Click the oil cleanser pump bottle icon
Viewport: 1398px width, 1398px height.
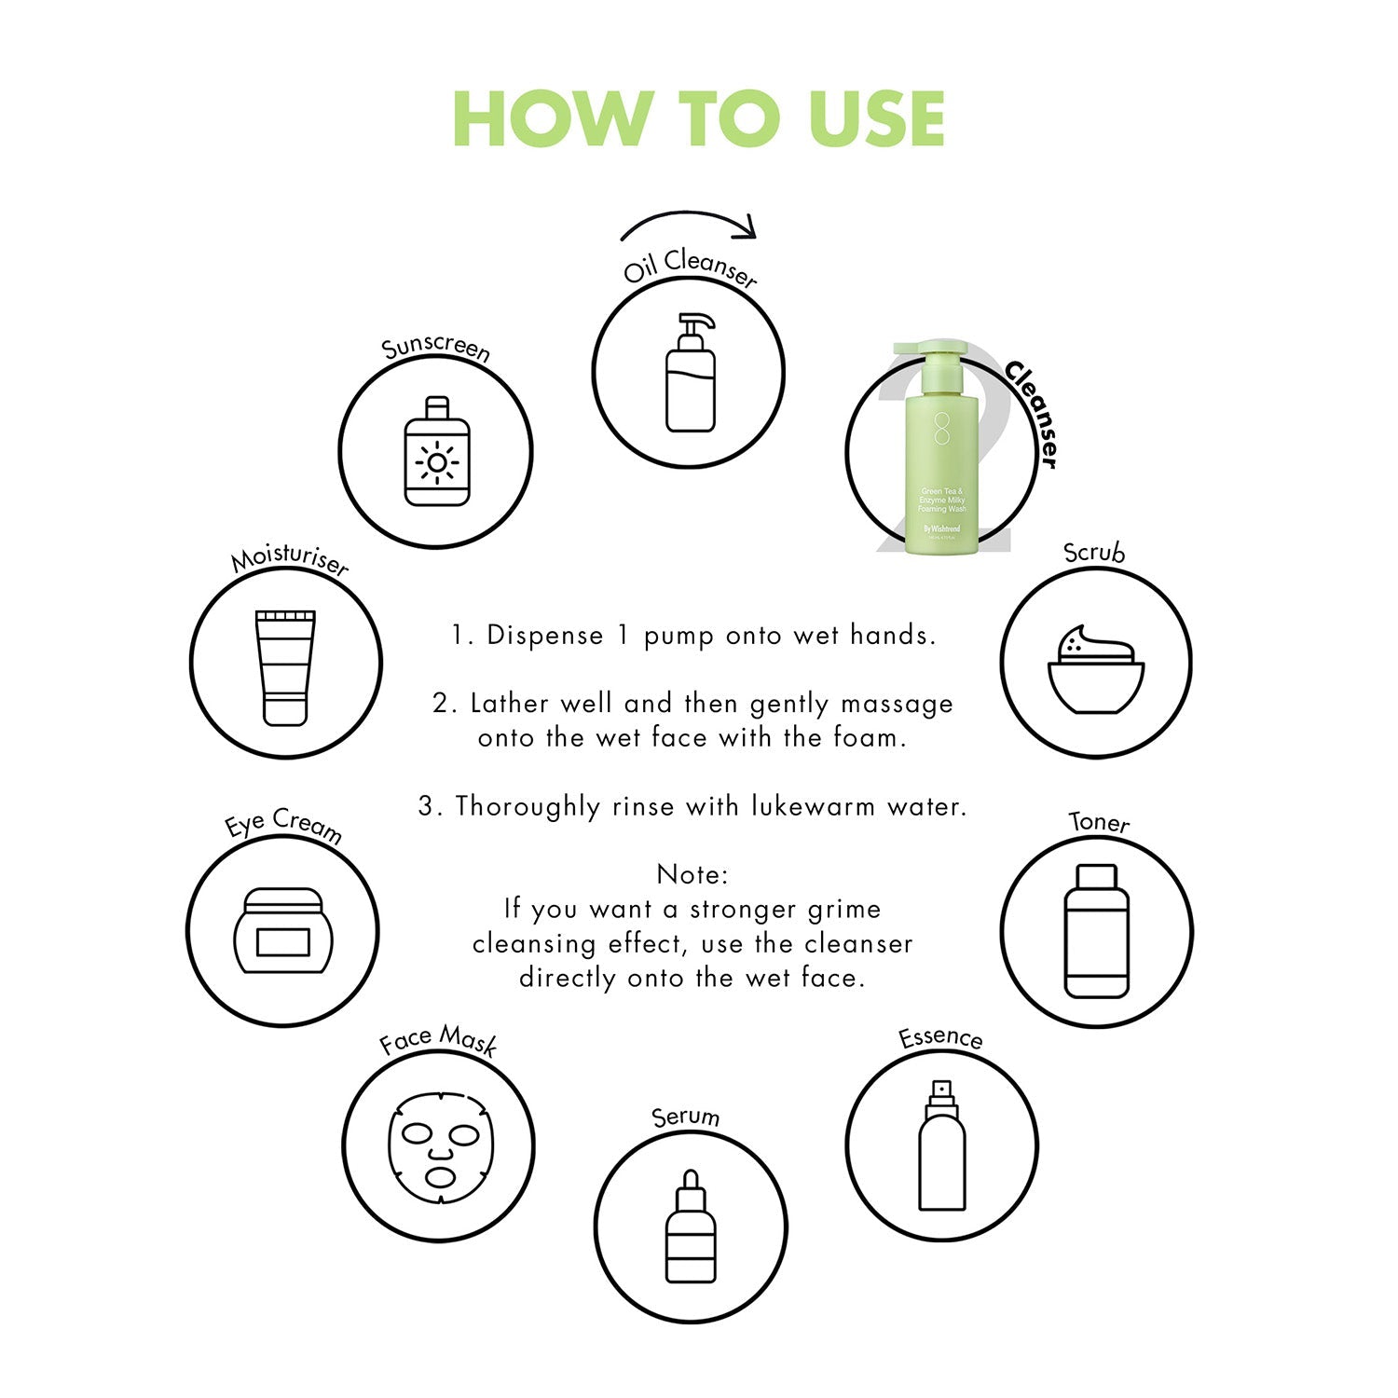click(x=691, y=372)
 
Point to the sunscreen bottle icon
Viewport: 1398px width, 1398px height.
click(x=437, y=451)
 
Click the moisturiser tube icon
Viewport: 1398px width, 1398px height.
click(x=285, y=667)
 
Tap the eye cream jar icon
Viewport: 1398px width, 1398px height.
click(x=283, y=931)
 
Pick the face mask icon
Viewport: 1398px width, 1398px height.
click(x=441, y=1147)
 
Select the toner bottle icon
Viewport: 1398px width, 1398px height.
click(x=1096, y=931)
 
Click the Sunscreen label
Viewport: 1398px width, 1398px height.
click(x=436, y=347)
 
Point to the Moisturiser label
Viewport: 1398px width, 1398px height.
click(x=290, y=559)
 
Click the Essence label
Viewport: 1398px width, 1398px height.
click(x=940, y=1037)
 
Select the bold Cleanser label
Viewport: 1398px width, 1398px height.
click(x=1033, y=415)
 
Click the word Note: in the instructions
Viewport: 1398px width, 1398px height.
click(x=692, y=874)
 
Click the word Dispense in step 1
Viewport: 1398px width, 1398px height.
click(x=545, y=637)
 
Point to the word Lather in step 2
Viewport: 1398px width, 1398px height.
click(x=511, y=703)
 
